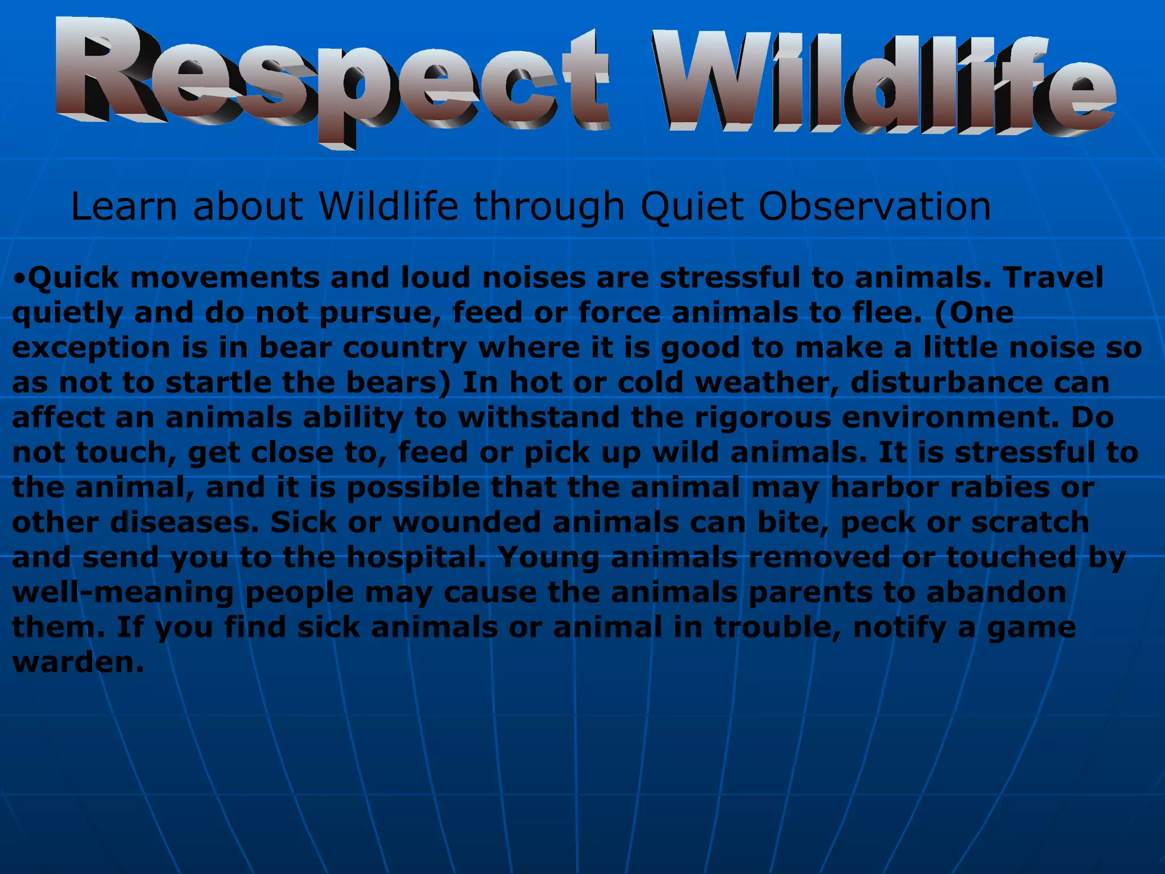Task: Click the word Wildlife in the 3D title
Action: [882, 83]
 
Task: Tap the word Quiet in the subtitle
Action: [692, 206]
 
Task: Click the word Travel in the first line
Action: [1053, 278]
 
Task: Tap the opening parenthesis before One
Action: [940, 313]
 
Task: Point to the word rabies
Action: [996, 488]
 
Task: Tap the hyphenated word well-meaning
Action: [123, 593]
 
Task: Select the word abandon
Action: [996, 592]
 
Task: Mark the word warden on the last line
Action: [77, 663]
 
